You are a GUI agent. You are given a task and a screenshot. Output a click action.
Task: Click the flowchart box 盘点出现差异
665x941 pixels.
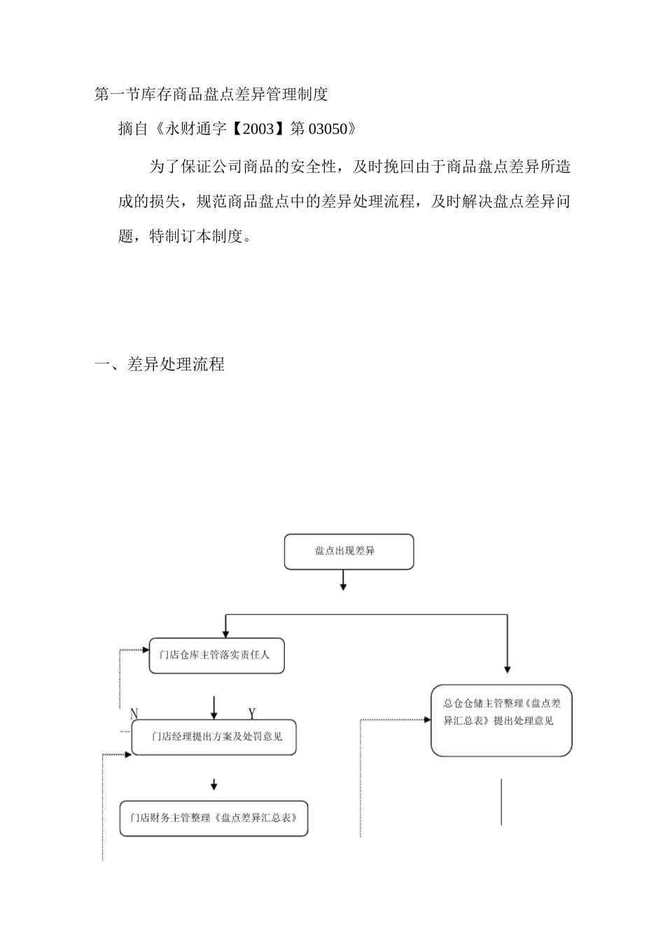coord(349,552)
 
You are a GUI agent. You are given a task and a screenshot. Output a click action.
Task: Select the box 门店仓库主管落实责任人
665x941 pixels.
coord(216,655)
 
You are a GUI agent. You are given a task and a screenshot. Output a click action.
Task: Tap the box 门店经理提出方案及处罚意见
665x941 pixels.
coord(213,737)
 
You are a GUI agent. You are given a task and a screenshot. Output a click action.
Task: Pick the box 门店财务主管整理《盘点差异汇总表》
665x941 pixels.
coord(213,818)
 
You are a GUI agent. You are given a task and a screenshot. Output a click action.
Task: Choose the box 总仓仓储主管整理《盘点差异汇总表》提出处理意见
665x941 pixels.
coord(501,720)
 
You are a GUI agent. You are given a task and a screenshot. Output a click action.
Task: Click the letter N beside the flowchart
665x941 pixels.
coord(134,713)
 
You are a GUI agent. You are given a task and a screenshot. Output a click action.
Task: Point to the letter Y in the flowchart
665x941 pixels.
coord(252,713)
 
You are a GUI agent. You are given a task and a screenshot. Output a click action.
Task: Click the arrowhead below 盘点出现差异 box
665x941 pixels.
coord(343,586)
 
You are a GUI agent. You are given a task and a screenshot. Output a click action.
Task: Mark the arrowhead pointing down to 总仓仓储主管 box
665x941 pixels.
coord(507,668)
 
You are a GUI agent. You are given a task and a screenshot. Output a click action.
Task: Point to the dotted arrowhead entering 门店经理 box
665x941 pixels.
coord(128,755)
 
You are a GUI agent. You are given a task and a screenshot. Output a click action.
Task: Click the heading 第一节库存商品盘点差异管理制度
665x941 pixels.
coord(211,94)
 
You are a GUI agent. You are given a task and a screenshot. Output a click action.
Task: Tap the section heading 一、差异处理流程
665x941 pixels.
coord(160,365)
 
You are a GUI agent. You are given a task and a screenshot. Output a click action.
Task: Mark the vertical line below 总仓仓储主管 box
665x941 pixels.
coord(501,802)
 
